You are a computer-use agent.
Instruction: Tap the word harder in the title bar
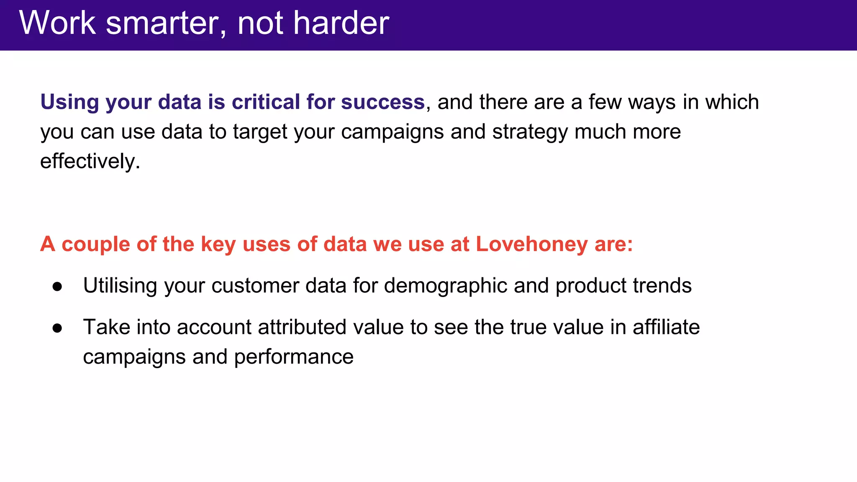pos(341,23)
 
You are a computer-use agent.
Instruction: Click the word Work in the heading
pos(57,23)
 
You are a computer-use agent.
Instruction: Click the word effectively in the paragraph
pos(88,161)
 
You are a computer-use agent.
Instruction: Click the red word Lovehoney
pos(531,244)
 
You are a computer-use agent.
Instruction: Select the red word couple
pos(96,244)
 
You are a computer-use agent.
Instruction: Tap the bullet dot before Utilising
pos(57,287)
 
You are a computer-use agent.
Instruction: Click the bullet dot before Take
pos(57,328)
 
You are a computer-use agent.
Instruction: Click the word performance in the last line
pos(294,357)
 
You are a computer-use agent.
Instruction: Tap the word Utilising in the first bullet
pos(120,286)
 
